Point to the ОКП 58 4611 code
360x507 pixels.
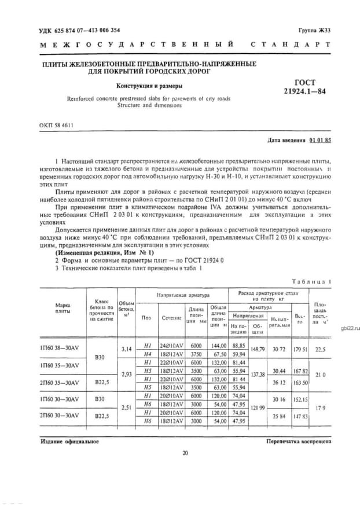57,125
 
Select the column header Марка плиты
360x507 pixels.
63,308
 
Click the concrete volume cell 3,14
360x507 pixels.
127,349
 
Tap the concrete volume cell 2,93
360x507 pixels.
127,374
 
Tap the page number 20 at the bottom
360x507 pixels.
185,453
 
